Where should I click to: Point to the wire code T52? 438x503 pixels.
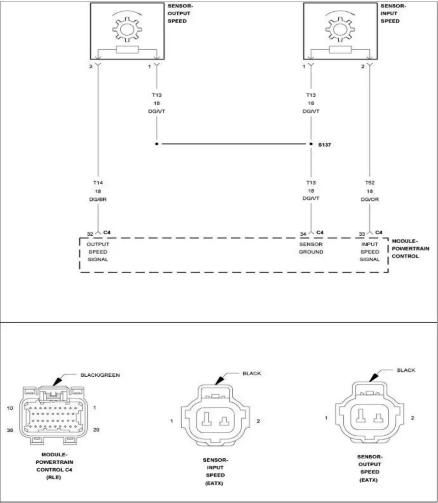370,183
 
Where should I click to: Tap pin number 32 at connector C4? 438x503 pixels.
90,233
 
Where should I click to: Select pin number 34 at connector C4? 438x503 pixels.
303,233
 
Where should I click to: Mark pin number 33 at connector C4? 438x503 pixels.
362,233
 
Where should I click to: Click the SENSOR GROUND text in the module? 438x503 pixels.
311,248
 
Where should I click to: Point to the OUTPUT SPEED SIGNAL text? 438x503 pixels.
98,251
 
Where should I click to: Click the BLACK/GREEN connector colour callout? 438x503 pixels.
100,375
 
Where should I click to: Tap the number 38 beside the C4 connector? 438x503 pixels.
9,429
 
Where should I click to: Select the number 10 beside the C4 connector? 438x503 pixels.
9,408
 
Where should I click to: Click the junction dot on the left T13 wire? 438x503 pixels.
157,144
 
